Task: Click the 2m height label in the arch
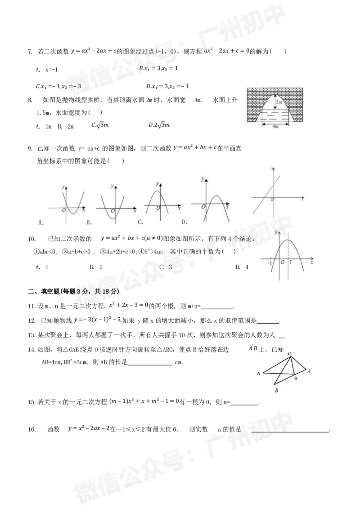pos(279,102)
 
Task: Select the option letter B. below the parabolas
pos(89,223)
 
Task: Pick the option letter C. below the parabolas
pos(141,223)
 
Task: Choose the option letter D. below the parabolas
pos(184,223)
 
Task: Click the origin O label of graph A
pos(63,211)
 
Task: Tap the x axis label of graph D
pos(227,208)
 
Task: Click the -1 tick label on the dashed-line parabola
pos(269,262)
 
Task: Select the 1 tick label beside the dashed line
pos(290,262)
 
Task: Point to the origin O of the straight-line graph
pos(272,200)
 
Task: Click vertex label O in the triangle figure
pos(290,353)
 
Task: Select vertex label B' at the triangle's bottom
pos(277,391)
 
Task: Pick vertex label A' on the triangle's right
pos(309,371)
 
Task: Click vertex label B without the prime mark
pos(295,379)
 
